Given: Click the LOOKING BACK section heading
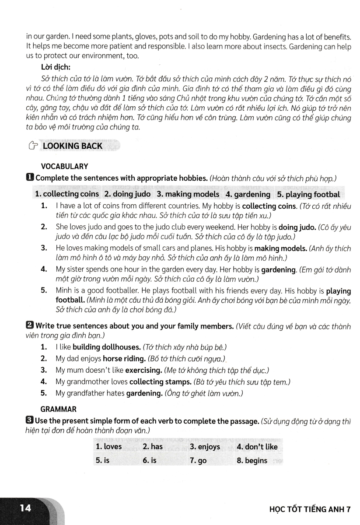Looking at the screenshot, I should (72, 146).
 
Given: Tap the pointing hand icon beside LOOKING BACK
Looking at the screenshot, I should (31, 146).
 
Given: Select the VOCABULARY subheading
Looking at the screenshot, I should (64, 166).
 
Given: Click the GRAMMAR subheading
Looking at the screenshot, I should (59, 409).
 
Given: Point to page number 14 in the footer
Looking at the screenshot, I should (26, 508).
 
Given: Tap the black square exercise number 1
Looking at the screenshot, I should (29, 178).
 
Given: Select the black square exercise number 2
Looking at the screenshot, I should (29, 326).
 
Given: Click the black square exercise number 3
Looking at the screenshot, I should (29, 421).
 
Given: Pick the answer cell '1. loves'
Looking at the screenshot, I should (109, 447).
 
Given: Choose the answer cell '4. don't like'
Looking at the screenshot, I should (257, 447).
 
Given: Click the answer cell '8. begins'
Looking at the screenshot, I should (252, 461).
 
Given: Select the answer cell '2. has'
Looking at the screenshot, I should (153, 447).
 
